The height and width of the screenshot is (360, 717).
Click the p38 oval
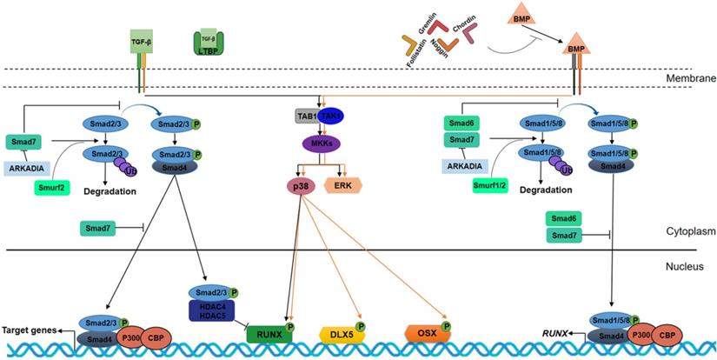300,185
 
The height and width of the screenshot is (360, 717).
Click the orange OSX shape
426,333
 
